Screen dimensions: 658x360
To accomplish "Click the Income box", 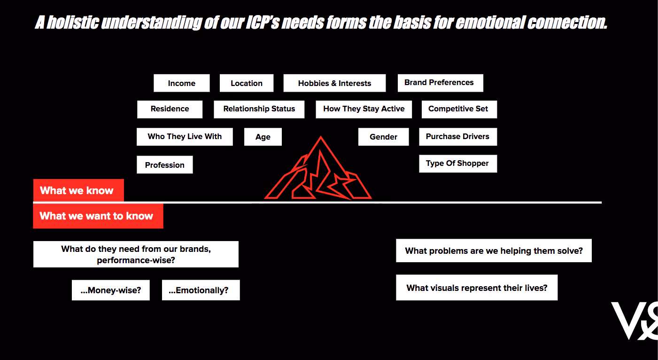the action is pyautogui.click(x=181, y=83).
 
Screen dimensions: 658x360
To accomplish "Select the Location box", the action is pyautogui.click(x=247, y=83).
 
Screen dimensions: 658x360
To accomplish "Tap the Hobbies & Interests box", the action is pyautogui.click(x=334, y=83).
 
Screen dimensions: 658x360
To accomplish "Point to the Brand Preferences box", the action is pyautogui.click(x=440, y=83).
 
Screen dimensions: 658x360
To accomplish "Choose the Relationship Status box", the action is pyautogui.click(x=259, y=109).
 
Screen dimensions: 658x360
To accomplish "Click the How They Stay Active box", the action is pyautogui.click(x=364, y=109).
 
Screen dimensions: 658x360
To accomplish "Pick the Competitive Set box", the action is pyautogui.click(x=458, y=109).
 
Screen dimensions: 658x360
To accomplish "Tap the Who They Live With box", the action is pyautogui.click(x=185, y=137).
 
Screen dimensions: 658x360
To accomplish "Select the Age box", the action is pyautogui.click(x=263, y=137).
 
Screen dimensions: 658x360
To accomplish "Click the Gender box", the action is pyautogui.click(x=383, y=137).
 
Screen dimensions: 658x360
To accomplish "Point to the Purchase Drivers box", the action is pyautogui.click(x=458, y=137).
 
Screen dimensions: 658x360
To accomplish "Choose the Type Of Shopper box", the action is pyautogui.click(x=458, y=164).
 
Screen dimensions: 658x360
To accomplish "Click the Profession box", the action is pyautogui.click(x=165, y=165).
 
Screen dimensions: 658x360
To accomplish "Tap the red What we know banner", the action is pyautogui.click(x=78, y=190).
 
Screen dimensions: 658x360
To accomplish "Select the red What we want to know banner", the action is pyautogui.click(x=98, y=216).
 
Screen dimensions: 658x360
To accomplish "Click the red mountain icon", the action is pyautogui.click(x=318, y=172).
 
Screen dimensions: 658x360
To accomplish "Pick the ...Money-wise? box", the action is pyautogui.click(x=111, y=290).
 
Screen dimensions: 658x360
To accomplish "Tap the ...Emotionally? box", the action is pyautogui.click(x=201, y=290).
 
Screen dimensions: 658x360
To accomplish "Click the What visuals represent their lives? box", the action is pyautogui.click(x=477, y=288).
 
